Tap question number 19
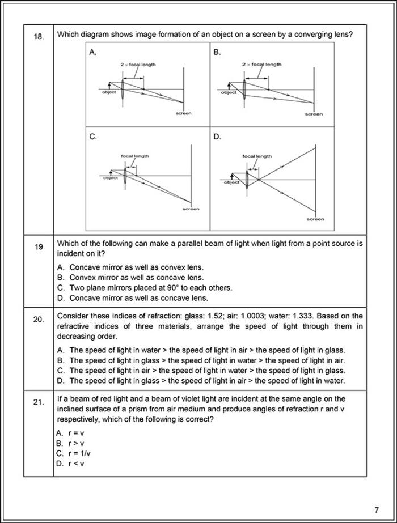(38, 246)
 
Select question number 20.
(38, 320)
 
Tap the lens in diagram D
(247, 179)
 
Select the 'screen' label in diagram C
(191, 209)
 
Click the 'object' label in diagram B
(229, 93)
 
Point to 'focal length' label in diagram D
(257, 156)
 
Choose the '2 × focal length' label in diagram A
(138, 65)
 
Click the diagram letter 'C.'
(93, 137)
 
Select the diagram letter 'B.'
(217, 52)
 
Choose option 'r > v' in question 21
(70, 443)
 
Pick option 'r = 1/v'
(73, 453)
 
